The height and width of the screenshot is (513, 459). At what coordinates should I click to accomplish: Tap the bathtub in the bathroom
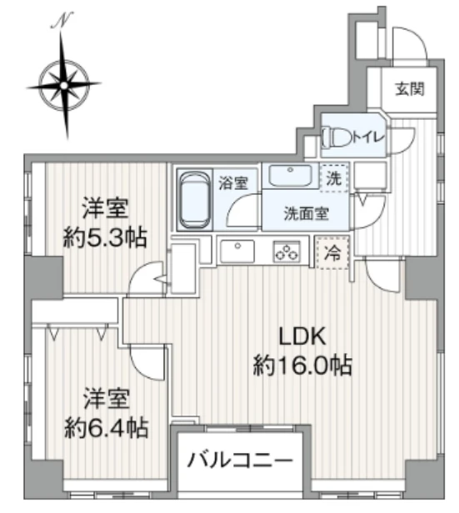point(194,200)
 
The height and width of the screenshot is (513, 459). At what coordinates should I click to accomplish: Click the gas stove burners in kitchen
point(287,250)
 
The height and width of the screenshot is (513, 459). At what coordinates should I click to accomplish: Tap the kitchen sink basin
point(240,249)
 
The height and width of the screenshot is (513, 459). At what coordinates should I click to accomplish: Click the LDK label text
point(302,336)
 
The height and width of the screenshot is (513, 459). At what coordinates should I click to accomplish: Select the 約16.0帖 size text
point(302,364)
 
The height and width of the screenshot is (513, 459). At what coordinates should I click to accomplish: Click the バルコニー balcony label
point(239,459)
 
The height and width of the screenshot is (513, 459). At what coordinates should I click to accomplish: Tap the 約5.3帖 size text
point(106,237)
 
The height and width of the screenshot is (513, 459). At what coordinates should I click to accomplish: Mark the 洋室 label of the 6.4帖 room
point(106,398)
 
